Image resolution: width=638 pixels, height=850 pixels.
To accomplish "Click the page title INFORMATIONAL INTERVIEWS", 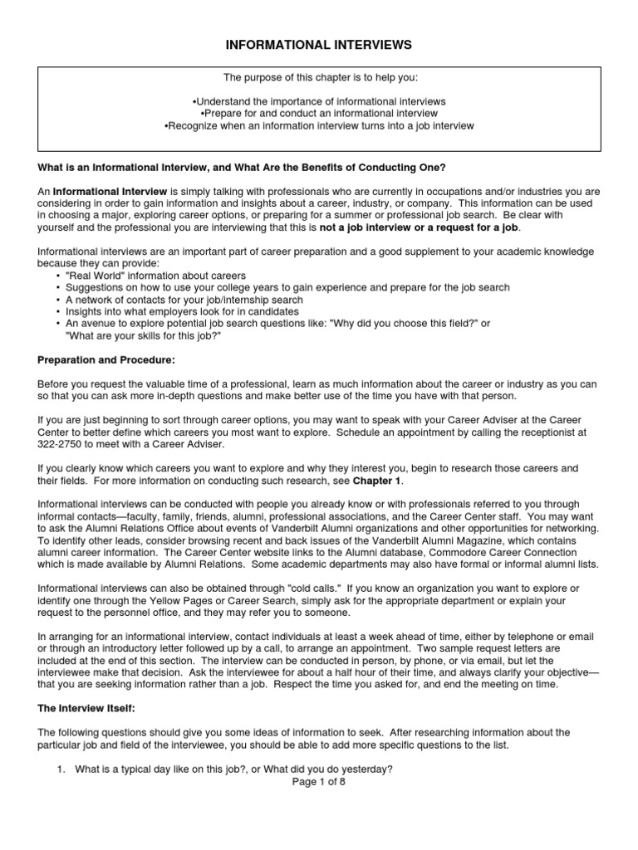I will pyautogui.click(x=319, y=43).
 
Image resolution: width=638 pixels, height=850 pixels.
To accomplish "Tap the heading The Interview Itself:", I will pyautogui.click(x=90, y=710).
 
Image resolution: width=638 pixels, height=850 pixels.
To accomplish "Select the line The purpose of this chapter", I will pyautogui.click(x=319, y=76).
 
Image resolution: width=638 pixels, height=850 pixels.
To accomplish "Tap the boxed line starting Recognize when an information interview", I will pyautogui.click(x=319, y=125).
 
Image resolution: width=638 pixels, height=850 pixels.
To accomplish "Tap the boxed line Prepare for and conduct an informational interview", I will pyautogui.click(x=319, y=113).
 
